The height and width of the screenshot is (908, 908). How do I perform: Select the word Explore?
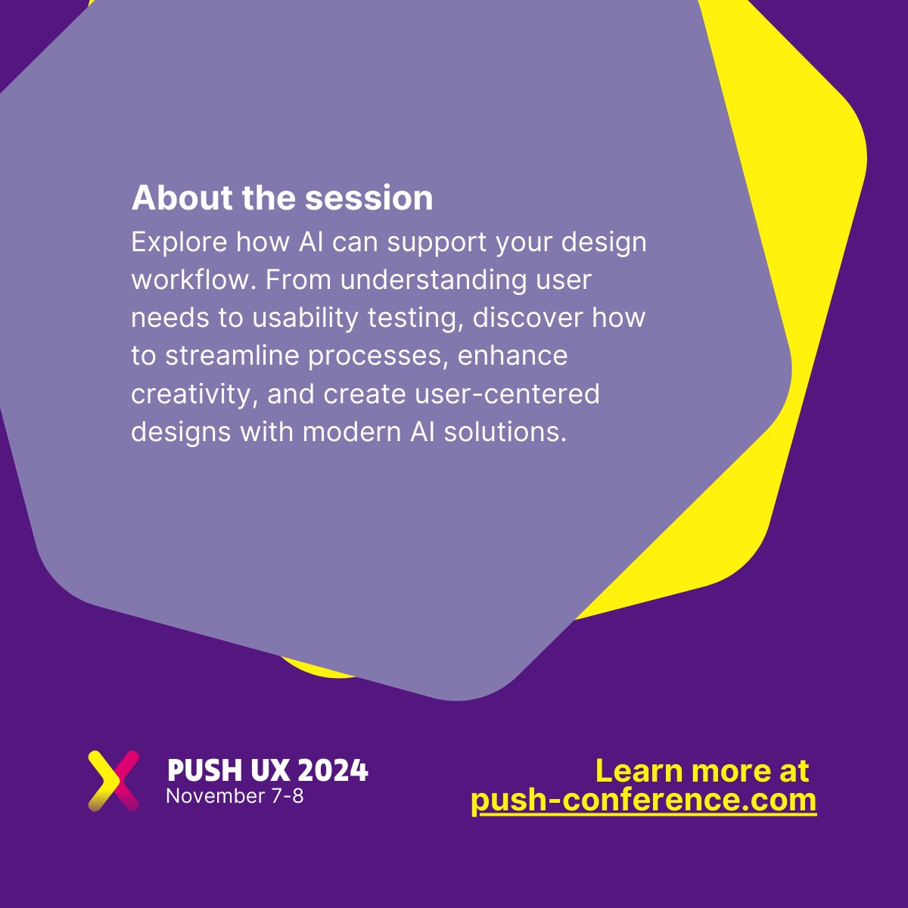tap(179, 243)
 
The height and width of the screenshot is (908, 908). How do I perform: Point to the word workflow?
tap(193, 281)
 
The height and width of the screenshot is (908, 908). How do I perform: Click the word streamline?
tap(227, 356)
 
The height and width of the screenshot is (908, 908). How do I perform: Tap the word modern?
tap(345, 432)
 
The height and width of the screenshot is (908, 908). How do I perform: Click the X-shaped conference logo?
tap(113, 780)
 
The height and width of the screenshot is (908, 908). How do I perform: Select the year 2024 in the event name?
tap(333, 770)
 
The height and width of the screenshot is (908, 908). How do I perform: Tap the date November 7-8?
tap(235, 796)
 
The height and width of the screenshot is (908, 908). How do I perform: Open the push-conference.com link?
tap(644, 801)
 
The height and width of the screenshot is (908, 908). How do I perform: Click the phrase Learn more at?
tap(701, 771)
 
